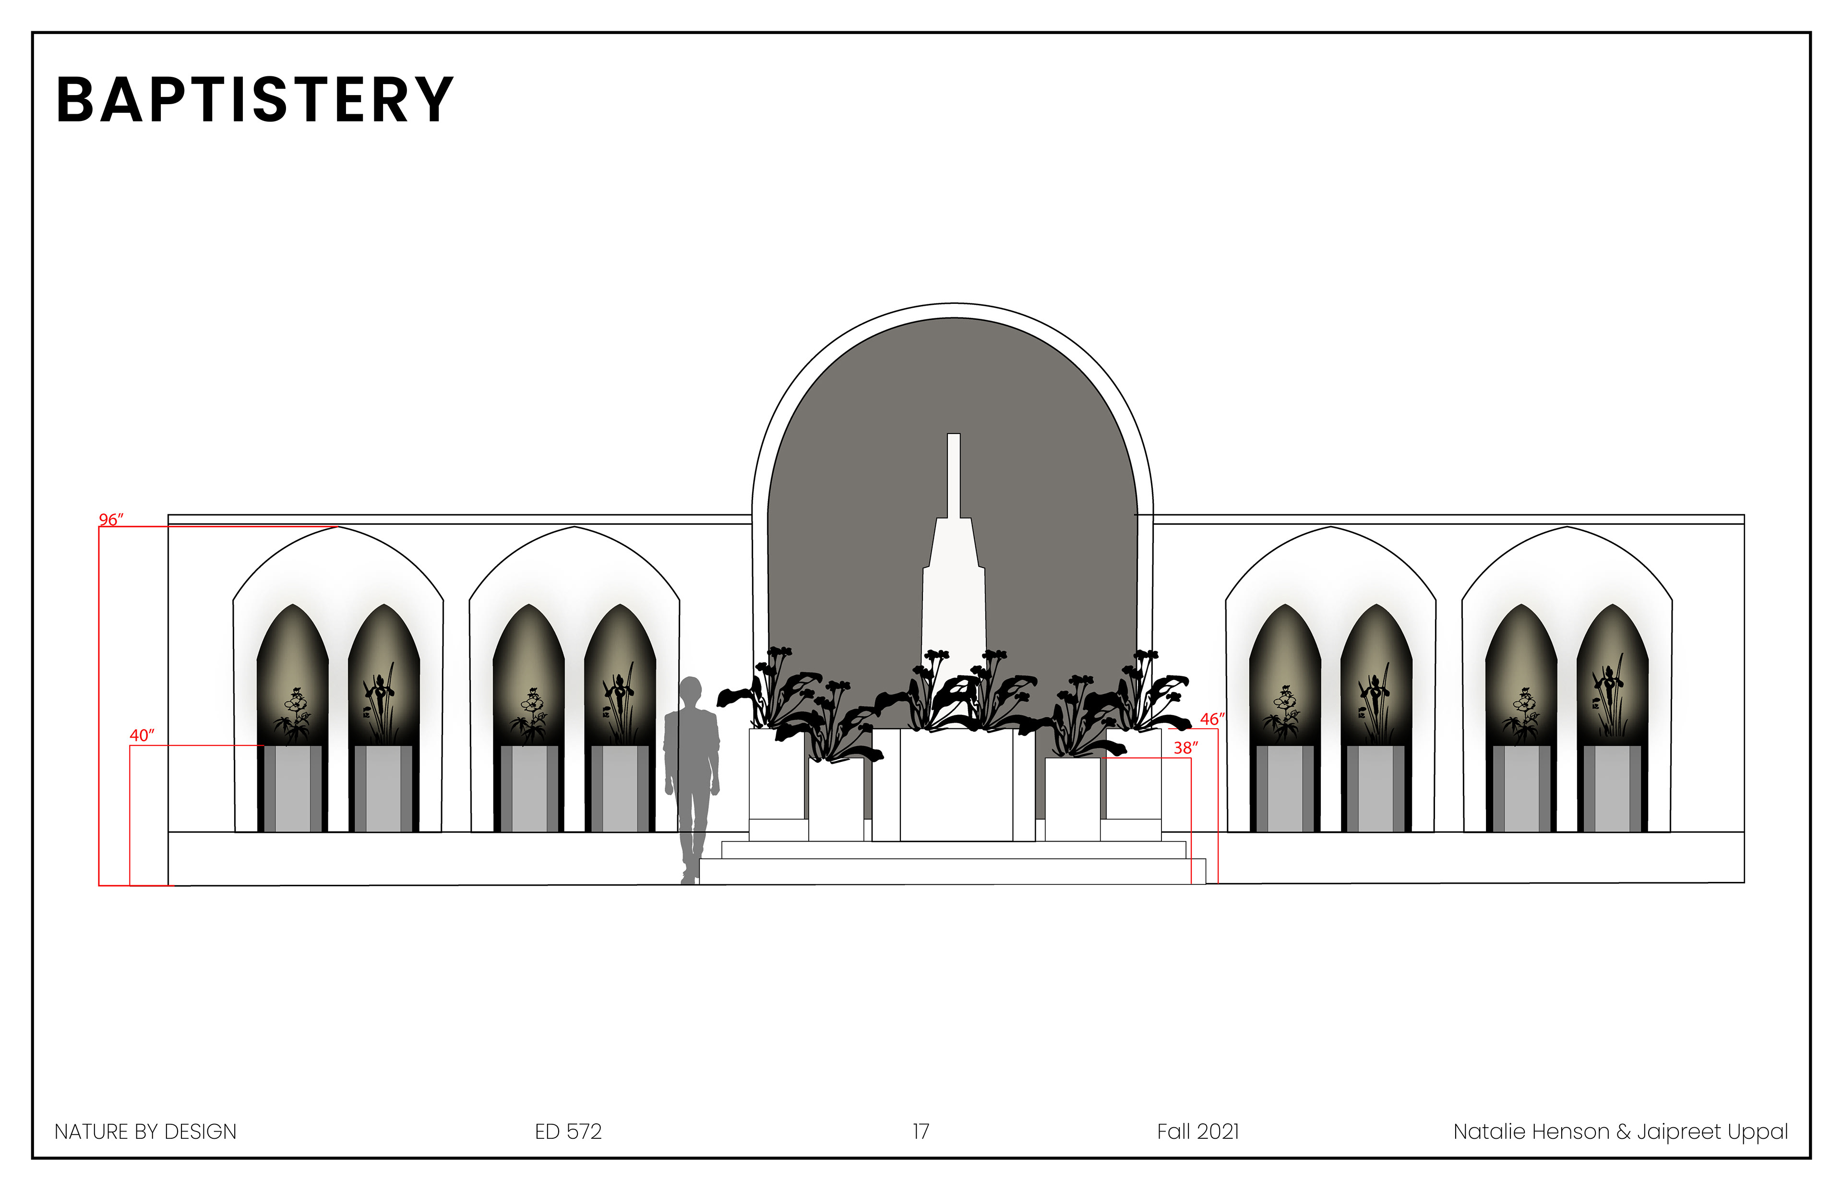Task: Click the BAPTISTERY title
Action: pyautogui.click(x=255, y=101)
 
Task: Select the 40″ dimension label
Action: pyautogui.click(x=142, y=735)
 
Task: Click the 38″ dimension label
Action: pyautogui.click(x=1185, y=747)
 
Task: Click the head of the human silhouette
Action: pyautogui.click(x=690, y=689)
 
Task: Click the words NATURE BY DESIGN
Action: pyautogui.click(x=145, y=1132)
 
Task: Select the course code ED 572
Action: pyautogui.click(x=568, y=1132)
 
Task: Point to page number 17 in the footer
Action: pyautogui.click(x=921, y=1132)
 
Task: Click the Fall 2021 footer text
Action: pyautogui.click(x=1198, y=1132)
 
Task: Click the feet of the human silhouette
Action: pyautogui.click(x=688, y=878)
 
